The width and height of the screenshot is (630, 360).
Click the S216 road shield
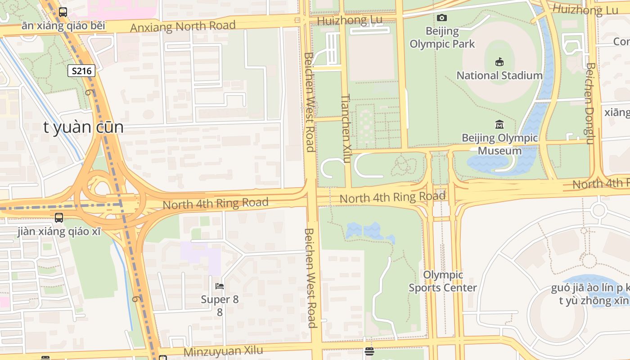[x=81, y=71]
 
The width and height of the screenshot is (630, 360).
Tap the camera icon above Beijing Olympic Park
[x=442, y=18]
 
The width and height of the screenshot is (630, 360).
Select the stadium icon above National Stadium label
[x=499, y=62]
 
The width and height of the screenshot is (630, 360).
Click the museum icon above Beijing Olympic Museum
[x=499, y=124]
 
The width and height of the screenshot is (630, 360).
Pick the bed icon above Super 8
[x=220, y=286]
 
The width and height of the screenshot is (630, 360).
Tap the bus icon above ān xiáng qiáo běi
[x=63, y=12]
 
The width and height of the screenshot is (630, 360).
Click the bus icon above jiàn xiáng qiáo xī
[x=59, y=218]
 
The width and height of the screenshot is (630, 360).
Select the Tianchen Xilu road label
[x=346, y=121]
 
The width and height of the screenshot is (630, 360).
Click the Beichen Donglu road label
[x=590, y=103]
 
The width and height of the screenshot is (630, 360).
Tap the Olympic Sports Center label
[x=443, y=281]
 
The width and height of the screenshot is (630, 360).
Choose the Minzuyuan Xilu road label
[x=223, y=351]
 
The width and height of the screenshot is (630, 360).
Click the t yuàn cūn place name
[x=83, y=127]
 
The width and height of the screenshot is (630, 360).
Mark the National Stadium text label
[x=499, y=76]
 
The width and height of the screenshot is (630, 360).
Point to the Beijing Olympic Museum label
[x=499, y=144]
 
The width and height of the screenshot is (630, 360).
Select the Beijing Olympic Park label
[x=442, y=38]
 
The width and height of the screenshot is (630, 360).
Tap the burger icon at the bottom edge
[x=369, y=351]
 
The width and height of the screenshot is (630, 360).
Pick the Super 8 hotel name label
[x=220, y=299]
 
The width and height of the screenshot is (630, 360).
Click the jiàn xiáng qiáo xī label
[x=59, y=232]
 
